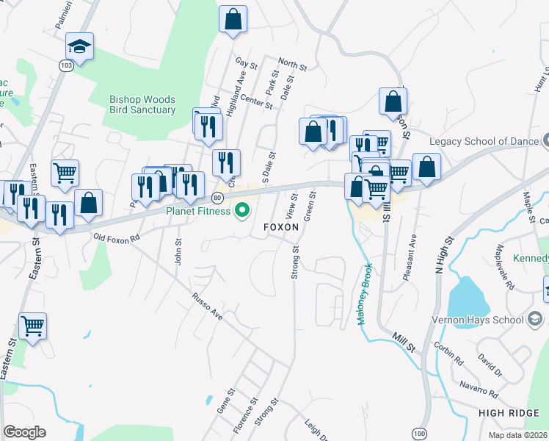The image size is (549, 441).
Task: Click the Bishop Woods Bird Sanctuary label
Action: coord(142,104)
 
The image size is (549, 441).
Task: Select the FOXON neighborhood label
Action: coord(281,228)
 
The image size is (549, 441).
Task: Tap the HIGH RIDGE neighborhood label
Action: coord(509,414)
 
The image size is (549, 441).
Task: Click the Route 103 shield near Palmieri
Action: coord(66,65)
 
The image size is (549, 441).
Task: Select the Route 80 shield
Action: coord(217,198)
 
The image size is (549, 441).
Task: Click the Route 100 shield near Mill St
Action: coord(418,434)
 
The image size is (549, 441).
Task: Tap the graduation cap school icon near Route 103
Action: coord(79,48)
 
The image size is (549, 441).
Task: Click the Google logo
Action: coord(24,432)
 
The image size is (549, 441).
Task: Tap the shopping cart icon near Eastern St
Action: coord(32,325)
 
